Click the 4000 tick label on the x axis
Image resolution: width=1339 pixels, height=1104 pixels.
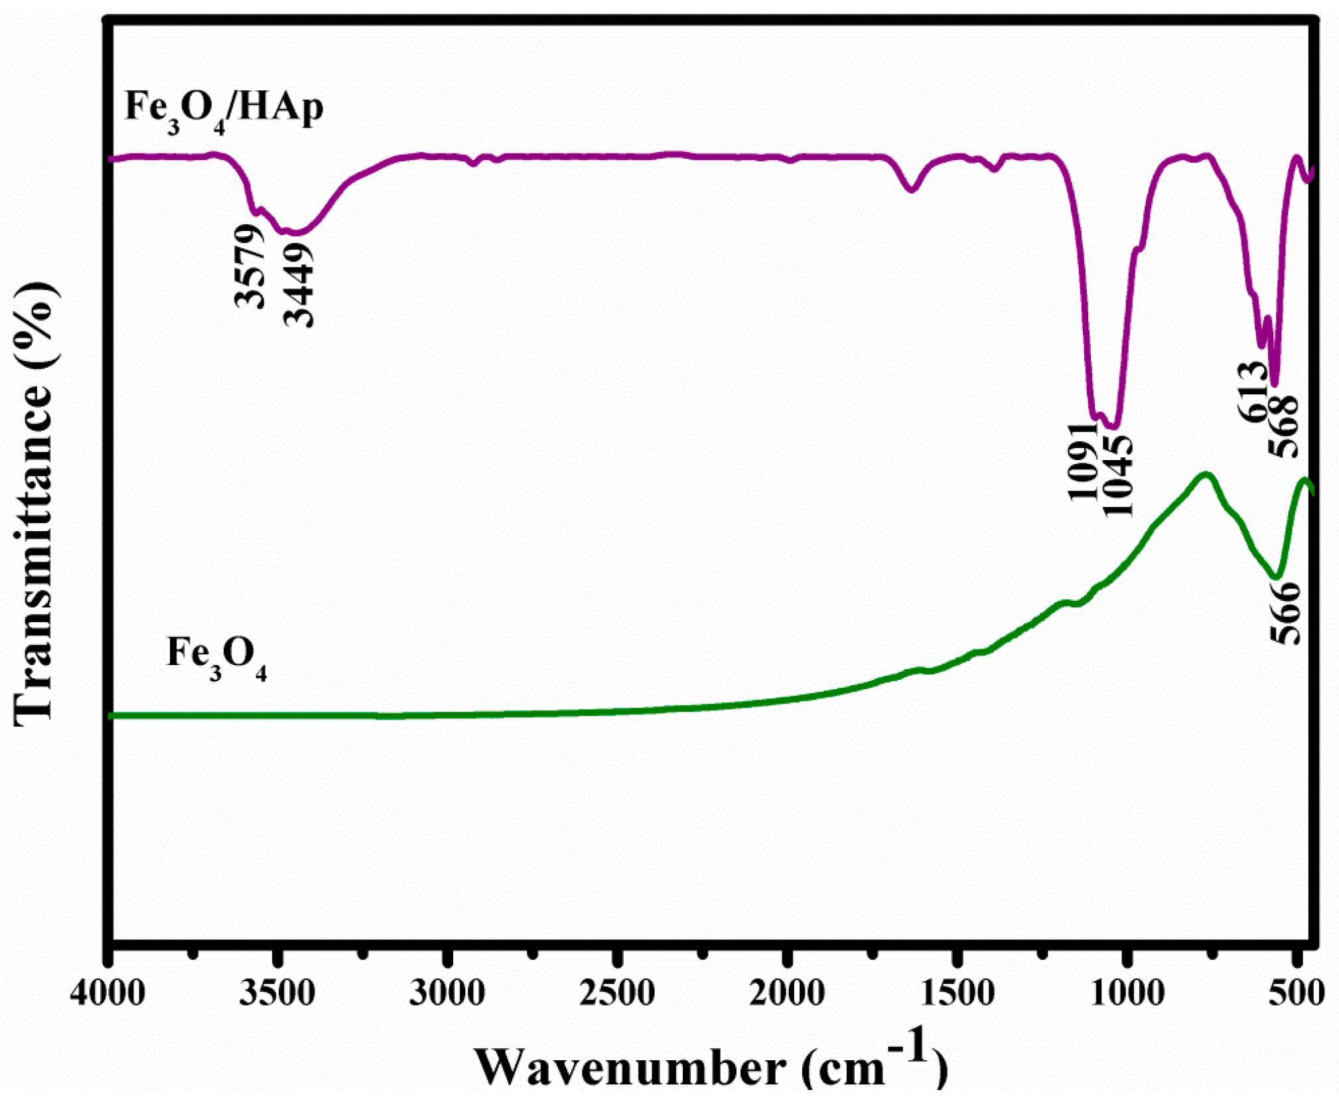point(107,994)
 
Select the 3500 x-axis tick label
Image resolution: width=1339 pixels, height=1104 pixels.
point(277,994)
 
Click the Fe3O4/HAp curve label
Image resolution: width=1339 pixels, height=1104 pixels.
point(224,109)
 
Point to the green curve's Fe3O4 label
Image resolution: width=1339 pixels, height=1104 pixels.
point(216,657)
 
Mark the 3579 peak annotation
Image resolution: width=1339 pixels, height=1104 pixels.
point(250,266)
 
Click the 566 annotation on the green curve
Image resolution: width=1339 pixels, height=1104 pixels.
point(1285,611)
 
